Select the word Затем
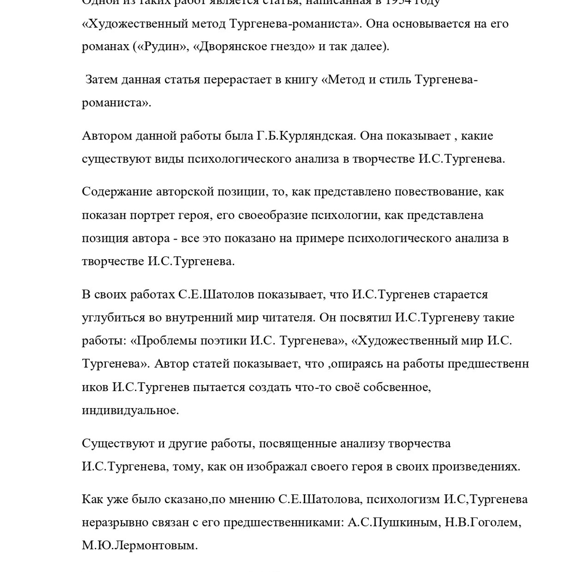pos(103,80)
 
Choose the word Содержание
pos(117,192)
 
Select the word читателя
pos(288,318)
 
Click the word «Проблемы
pos(159,341)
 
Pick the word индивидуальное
pos(130,410)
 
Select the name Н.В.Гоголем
pos(483,522)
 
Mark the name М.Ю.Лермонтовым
pos(139,546)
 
